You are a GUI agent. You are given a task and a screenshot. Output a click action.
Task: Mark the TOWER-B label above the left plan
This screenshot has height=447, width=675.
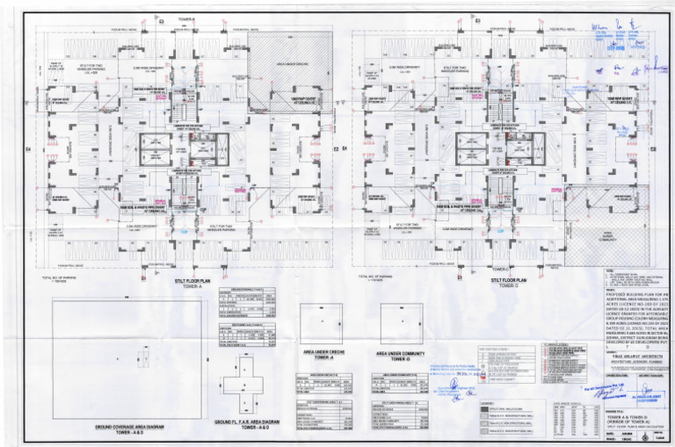(x=186, y=19)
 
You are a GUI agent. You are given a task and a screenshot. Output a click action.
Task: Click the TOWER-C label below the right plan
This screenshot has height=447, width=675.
(x=501, y=268)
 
